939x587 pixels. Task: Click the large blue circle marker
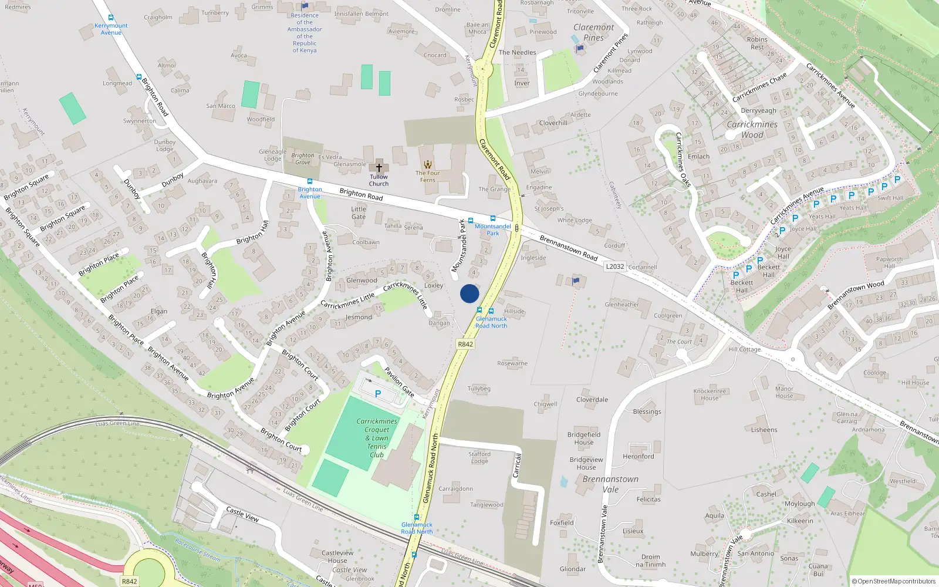469,293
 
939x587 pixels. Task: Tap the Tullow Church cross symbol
379,167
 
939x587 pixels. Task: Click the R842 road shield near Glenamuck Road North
465,344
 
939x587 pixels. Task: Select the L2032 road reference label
615,266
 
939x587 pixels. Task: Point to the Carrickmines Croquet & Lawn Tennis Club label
377,438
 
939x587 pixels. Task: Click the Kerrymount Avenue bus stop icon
111,18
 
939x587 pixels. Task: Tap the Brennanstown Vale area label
610,484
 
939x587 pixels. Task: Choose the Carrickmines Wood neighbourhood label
752,129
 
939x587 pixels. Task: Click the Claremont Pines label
593,32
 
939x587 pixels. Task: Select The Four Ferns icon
428,164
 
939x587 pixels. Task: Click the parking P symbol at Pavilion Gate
378,394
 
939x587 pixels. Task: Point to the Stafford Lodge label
479,457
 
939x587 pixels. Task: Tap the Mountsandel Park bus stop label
493,230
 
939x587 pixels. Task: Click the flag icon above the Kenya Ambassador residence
305,6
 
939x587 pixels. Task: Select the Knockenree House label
710,394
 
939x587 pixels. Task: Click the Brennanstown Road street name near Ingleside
568,248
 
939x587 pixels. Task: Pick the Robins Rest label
757,43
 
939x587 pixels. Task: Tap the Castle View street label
242,514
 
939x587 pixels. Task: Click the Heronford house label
638,456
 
